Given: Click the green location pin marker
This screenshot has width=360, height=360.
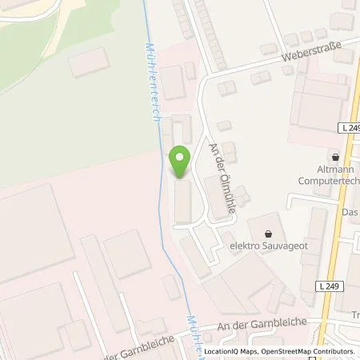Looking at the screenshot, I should tap(180, 162).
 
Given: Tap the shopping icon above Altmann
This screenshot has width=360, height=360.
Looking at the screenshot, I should tap(334, 158).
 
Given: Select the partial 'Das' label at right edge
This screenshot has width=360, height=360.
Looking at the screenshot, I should tap(350, 212).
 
